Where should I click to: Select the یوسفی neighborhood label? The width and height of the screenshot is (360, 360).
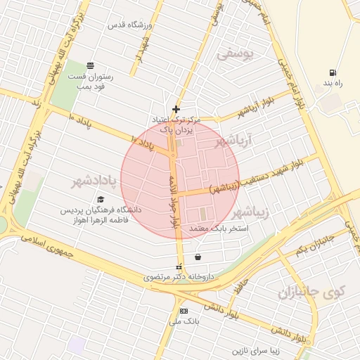[x=235, y=53]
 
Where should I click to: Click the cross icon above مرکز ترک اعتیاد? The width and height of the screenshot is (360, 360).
[x=176, y=109]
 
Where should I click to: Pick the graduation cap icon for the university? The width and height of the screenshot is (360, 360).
[x=101, y=200]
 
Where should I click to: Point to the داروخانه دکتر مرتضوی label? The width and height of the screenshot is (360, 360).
[x=179, y=277]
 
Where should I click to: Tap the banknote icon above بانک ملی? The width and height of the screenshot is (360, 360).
[x=184, y=311]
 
